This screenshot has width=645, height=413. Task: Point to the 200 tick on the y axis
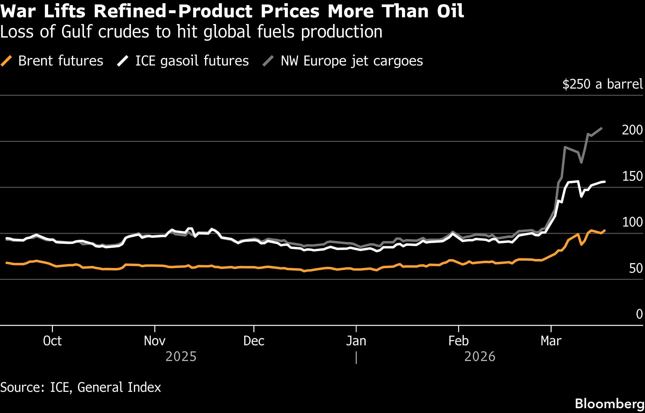(632, 130)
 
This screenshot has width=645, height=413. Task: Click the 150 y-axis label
(632, 176)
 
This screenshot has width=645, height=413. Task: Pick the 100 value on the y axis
(632, 222)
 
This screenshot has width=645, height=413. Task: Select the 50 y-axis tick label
(635, 268)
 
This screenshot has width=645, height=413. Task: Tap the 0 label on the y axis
(639, 314)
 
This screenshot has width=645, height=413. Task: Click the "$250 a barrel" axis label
(602, 84)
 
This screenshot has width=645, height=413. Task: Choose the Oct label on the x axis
(52, 341)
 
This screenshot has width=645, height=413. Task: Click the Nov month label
(155, 341)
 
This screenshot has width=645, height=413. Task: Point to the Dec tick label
(254, 341)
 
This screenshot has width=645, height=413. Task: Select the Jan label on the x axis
(356, 341)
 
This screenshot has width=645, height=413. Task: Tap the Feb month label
(458, 341)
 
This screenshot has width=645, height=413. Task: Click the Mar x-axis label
(551, 341)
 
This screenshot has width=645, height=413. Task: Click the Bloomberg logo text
(609, 404)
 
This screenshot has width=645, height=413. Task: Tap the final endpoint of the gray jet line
(601, 128)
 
